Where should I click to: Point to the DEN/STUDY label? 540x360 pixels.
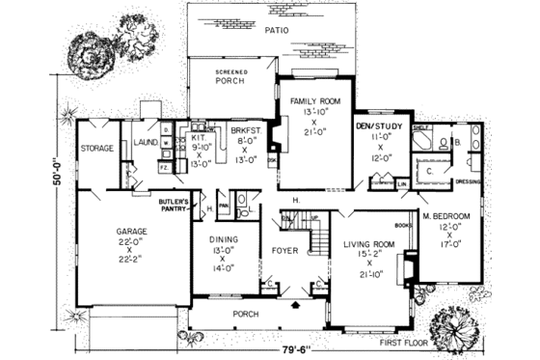[x=375, y=125]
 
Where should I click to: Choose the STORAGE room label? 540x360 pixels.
[x=98, y=149]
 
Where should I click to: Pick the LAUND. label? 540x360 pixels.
[x=147, y=142]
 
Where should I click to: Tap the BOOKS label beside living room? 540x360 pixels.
[x=404, y=226]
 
